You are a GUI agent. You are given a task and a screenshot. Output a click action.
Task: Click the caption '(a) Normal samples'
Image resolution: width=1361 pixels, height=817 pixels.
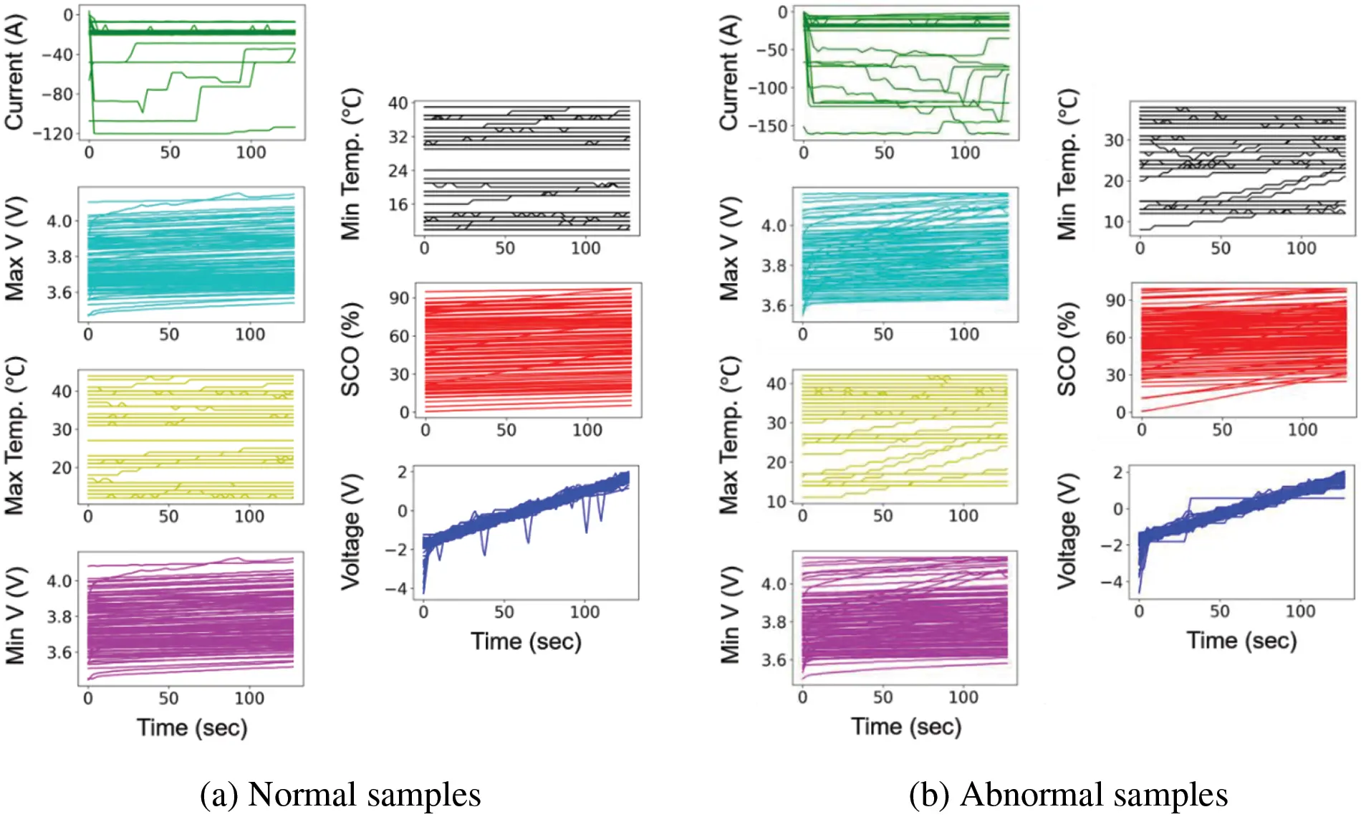coord(340,795)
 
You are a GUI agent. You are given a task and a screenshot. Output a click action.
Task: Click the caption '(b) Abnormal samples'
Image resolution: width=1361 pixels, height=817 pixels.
coord(1068,795)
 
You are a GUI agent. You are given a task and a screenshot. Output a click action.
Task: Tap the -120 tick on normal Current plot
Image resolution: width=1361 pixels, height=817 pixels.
coord(57,134)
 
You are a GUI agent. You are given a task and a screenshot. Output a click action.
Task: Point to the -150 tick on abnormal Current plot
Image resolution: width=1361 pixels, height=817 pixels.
coord(767,126)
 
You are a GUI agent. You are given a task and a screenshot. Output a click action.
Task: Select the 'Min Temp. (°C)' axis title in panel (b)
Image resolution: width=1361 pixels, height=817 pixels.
coord(1067,164)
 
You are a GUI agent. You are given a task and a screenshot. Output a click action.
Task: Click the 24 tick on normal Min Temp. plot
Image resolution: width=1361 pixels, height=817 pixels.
coord(398,171)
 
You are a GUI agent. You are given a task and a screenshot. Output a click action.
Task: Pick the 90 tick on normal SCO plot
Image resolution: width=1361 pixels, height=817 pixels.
coord(399,298)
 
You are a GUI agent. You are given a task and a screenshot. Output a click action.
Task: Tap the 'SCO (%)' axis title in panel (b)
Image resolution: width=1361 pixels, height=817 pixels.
coord(1067,349)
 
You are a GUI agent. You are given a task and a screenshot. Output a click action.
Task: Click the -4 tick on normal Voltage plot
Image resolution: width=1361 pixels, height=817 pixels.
coord(395,588)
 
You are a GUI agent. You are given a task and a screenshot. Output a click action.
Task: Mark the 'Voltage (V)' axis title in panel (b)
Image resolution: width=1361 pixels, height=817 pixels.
coord(1067,531)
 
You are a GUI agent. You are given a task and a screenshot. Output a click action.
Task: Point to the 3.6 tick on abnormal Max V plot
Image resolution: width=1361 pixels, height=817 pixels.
coord(774,306)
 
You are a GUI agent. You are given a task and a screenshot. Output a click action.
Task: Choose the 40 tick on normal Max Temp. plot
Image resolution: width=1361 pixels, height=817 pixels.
coord(62,391)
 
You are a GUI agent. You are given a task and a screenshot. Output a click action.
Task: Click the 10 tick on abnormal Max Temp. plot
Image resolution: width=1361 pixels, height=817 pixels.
coord(776,502)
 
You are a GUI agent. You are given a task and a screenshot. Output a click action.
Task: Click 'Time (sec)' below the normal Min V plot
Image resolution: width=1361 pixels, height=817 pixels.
coord(192,727)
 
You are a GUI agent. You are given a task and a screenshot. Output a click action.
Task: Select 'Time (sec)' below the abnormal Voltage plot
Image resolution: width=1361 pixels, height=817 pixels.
coord(1241,640)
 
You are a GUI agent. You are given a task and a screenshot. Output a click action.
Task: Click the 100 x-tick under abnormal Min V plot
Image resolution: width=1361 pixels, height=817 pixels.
coord(963,697)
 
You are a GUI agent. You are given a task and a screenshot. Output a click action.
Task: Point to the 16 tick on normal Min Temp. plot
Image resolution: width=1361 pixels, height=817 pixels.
coord(398,205)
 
